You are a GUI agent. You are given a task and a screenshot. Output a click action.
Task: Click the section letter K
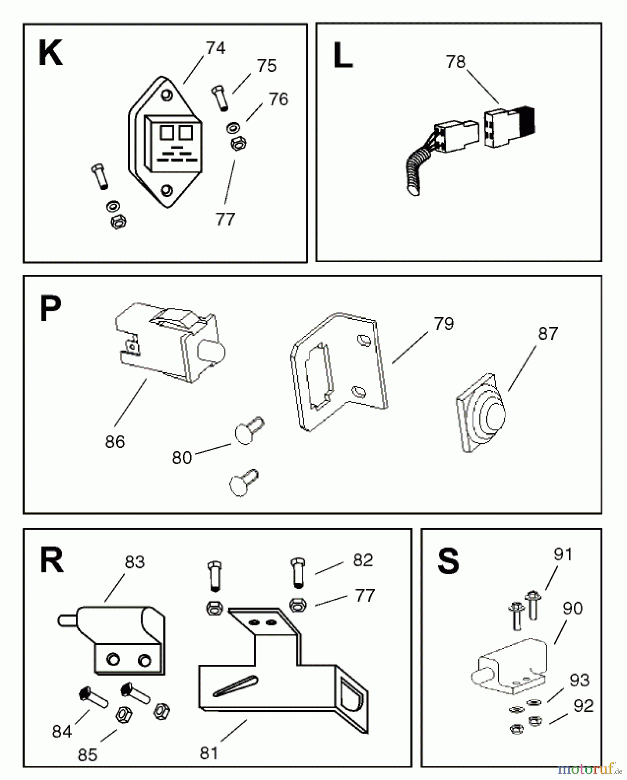click(51, 53)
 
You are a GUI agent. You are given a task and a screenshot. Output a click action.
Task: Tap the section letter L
click(343, 56)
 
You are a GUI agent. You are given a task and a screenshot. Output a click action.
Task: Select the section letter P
click(50, 309)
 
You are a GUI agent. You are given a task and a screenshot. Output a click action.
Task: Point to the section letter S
click(448, 561)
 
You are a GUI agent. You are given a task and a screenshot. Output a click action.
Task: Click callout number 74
click(215, 48)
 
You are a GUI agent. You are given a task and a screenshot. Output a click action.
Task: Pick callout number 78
click(455, 62)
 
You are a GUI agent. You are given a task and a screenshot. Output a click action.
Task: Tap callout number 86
click(115, 442)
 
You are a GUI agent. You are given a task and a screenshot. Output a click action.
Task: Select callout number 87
click(548, 334)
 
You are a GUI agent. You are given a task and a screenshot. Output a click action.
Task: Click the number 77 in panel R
click(364, 596)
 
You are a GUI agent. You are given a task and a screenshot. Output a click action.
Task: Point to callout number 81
click(208, 754)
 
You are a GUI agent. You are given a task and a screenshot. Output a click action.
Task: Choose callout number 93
click(579, 680)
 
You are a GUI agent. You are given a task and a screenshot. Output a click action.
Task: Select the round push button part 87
click(481, 413)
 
